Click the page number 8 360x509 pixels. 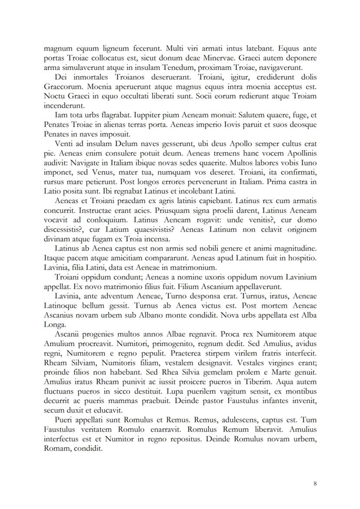[x=315, y=483]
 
